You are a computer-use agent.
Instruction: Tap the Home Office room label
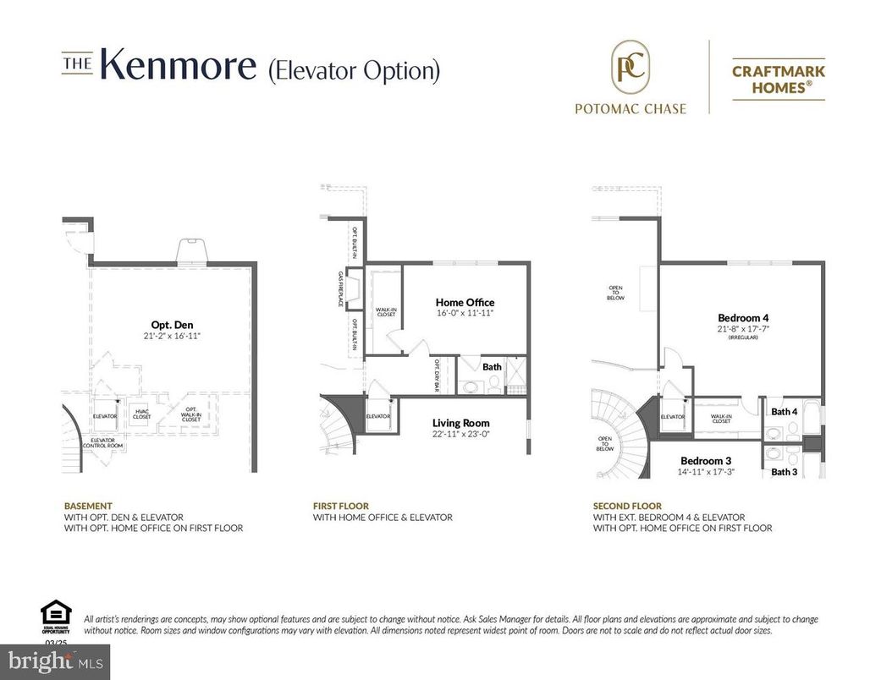coord(465,302)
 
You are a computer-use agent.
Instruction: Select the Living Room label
coord(460,423)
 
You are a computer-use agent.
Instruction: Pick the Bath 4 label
coord(784,412)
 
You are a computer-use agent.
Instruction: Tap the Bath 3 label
coord(784,472)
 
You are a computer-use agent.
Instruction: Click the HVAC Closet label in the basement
coord(142,414)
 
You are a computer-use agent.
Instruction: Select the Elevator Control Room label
coord(107,443)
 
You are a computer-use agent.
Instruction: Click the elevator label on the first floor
coord(377,416)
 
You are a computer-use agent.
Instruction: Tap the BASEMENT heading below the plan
coord(88,506)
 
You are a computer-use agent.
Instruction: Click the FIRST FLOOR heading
coord(341,506)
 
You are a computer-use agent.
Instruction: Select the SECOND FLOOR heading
coord(628,506)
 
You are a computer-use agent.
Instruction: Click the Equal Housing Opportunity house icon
coord(56,612)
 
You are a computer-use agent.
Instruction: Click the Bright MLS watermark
coord(55,661)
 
